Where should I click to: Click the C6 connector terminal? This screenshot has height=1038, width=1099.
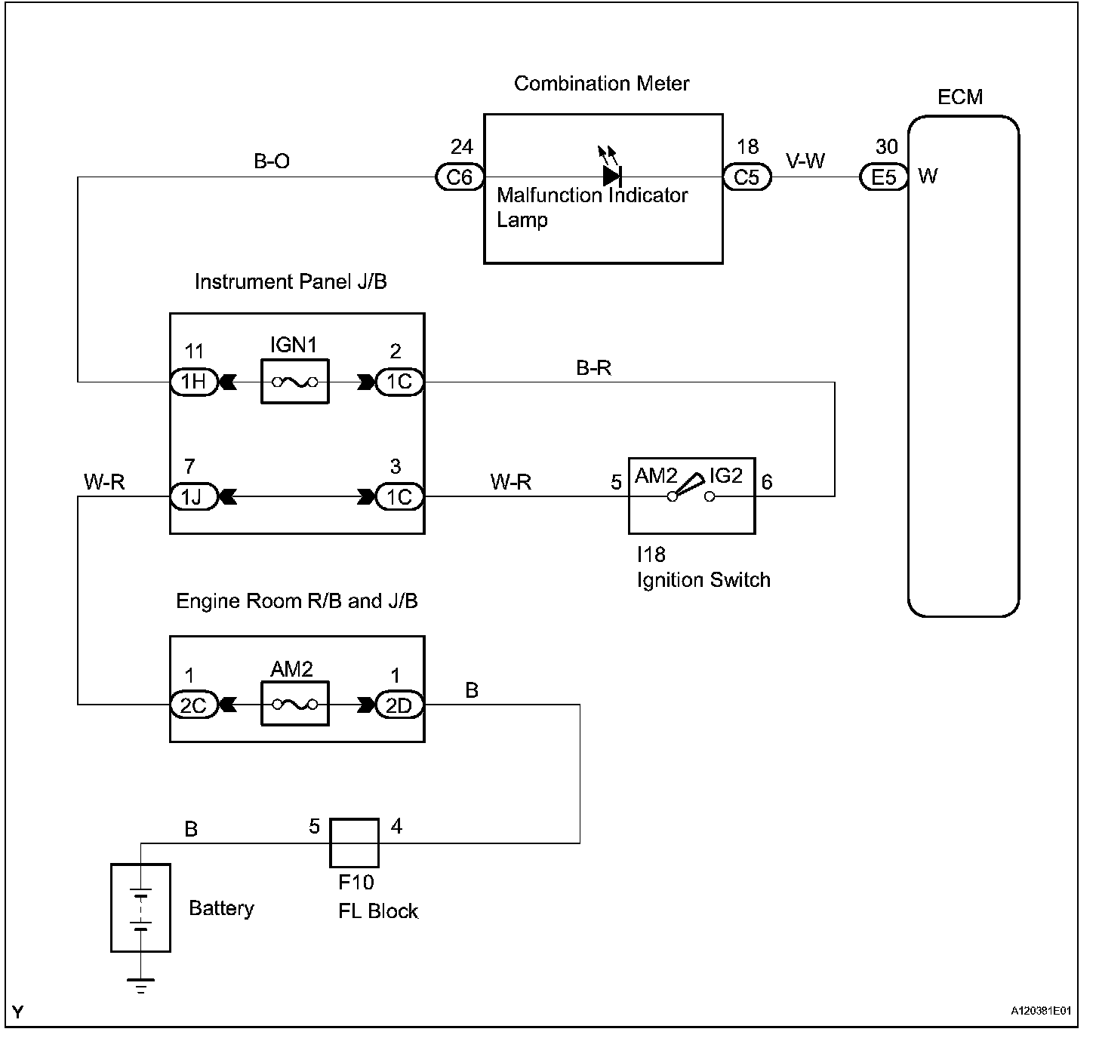459,177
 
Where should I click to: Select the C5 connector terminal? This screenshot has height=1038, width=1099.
747,177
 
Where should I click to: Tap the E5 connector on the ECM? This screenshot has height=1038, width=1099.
883,177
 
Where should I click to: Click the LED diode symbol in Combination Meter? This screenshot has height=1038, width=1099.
611,175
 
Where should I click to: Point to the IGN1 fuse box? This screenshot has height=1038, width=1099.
294,382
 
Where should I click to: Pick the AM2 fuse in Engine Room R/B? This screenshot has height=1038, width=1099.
294,705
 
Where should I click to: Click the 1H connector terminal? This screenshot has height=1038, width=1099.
194,382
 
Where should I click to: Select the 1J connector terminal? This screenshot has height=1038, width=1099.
194,496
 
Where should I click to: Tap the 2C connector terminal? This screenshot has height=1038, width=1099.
194,705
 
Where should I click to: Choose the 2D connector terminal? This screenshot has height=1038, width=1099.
399,705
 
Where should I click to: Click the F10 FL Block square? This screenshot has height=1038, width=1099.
354,843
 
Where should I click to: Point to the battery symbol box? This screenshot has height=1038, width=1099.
140,907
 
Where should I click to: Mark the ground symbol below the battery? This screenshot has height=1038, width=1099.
140,985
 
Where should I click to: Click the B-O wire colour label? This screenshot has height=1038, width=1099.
272,161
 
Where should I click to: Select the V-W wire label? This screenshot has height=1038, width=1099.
805,161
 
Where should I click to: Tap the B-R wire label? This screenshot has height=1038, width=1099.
593,368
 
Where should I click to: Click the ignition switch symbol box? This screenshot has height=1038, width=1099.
691,495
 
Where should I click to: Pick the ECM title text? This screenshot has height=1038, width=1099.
960,97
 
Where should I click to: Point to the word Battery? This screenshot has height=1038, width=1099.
221,908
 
